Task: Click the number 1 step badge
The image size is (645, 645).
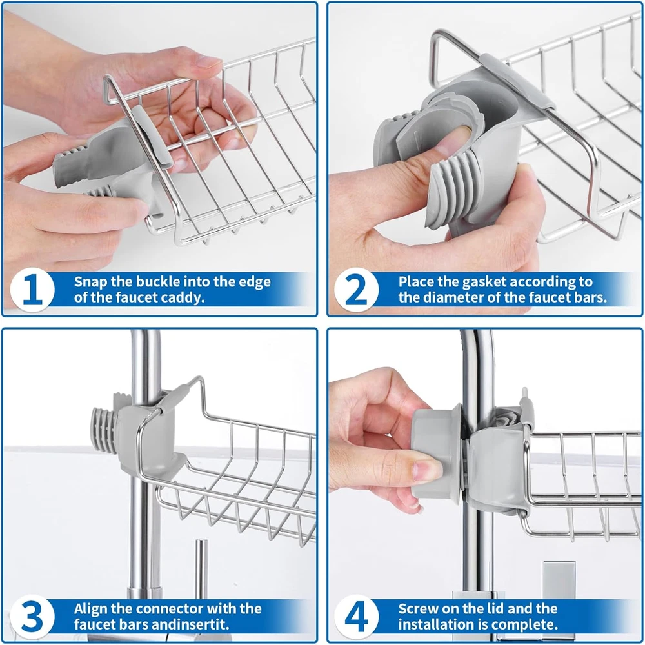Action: tap(32, 290)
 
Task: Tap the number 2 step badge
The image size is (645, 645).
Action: tap(356, 290)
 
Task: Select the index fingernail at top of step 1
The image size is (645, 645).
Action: tap(208, 62)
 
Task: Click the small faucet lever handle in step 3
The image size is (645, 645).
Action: tap(201, 564)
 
